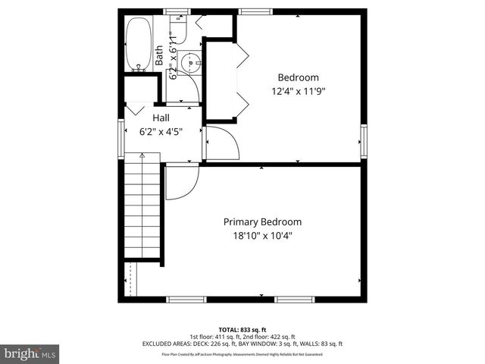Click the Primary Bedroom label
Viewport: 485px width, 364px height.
point(262,222)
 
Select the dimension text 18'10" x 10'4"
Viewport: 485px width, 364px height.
point(262,236)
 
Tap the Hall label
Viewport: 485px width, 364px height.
point(161,118)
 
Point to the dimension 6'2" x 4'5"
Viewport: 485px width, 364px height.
point(161,131)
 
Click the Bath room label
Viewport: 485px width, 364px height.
point(160,55)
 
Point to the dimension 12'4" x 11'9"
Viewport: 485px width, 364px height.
point(298,91)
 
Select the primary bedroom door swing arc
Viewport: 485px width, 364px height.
point(182,183)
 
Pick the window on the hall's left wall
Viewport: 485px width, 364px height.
point(120,137)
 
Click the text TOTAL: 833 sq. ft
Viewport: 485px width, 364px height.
point(242,329)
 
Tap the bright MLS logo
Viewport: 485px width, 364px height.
point(31,353)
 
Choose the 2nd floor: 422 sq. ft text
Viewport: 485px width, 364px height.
point(268,337)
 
